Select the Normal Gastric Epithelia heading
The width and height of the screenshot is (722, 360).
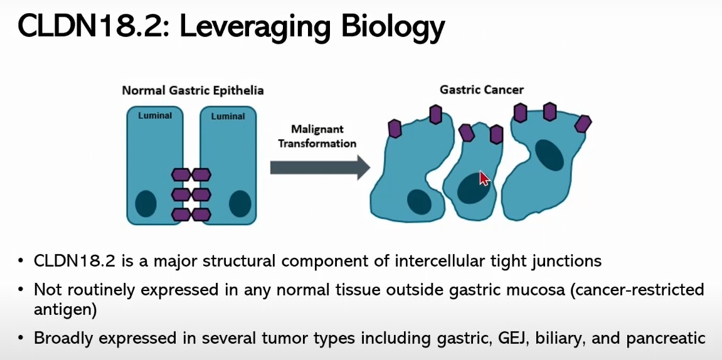[193, 90]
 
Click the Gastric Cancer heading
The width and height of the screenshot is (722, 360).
[482, 89]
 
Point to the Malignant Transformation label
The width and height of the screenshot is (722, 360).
[317, 136]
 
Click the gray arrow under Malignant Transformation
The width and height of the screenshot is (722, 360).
[320, 167]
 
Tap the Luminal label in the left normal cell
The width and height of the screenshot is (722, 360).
[155, 115]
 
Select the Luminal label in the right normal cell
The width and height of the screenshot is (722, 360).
[228, 116]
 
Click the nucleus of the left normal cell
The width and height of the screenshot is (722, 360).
[146, 203]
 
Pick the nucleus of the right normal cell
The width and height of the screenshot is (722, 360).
[240, 203]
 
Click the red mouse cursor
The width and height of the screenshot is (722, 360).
[484, 178]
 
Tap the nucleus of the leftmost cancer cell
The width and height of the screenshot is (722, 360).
[419, 201]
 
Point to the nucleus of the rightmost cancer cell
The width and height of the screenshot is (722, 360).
[549, 155]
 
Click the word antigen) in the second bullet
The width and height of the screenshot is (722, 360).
[65, 310]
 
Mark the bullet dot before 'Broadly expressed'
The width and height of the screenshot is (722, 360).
[20, 339]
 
